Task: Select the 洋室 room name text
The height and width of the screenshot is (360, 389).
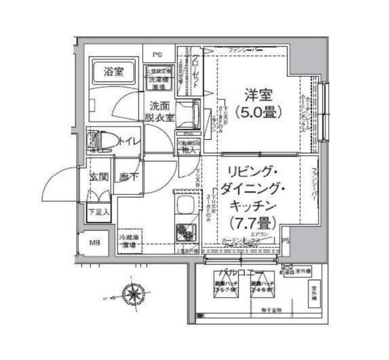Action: (x=258, y=95)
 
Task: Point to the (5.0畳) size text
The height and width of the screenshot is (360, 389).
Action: (x=258, y=112)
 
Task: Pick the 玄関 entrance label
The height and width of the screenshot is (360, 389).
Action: (x=99, y=178)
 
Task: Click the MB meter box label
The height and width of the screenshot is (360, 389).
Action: (x=95, y=242)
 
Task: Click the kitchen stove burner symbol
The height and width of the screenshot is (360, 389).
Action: (x=184, y=230)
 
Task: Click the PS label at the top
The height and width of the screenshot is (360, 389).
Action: (x=157, y=55)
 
